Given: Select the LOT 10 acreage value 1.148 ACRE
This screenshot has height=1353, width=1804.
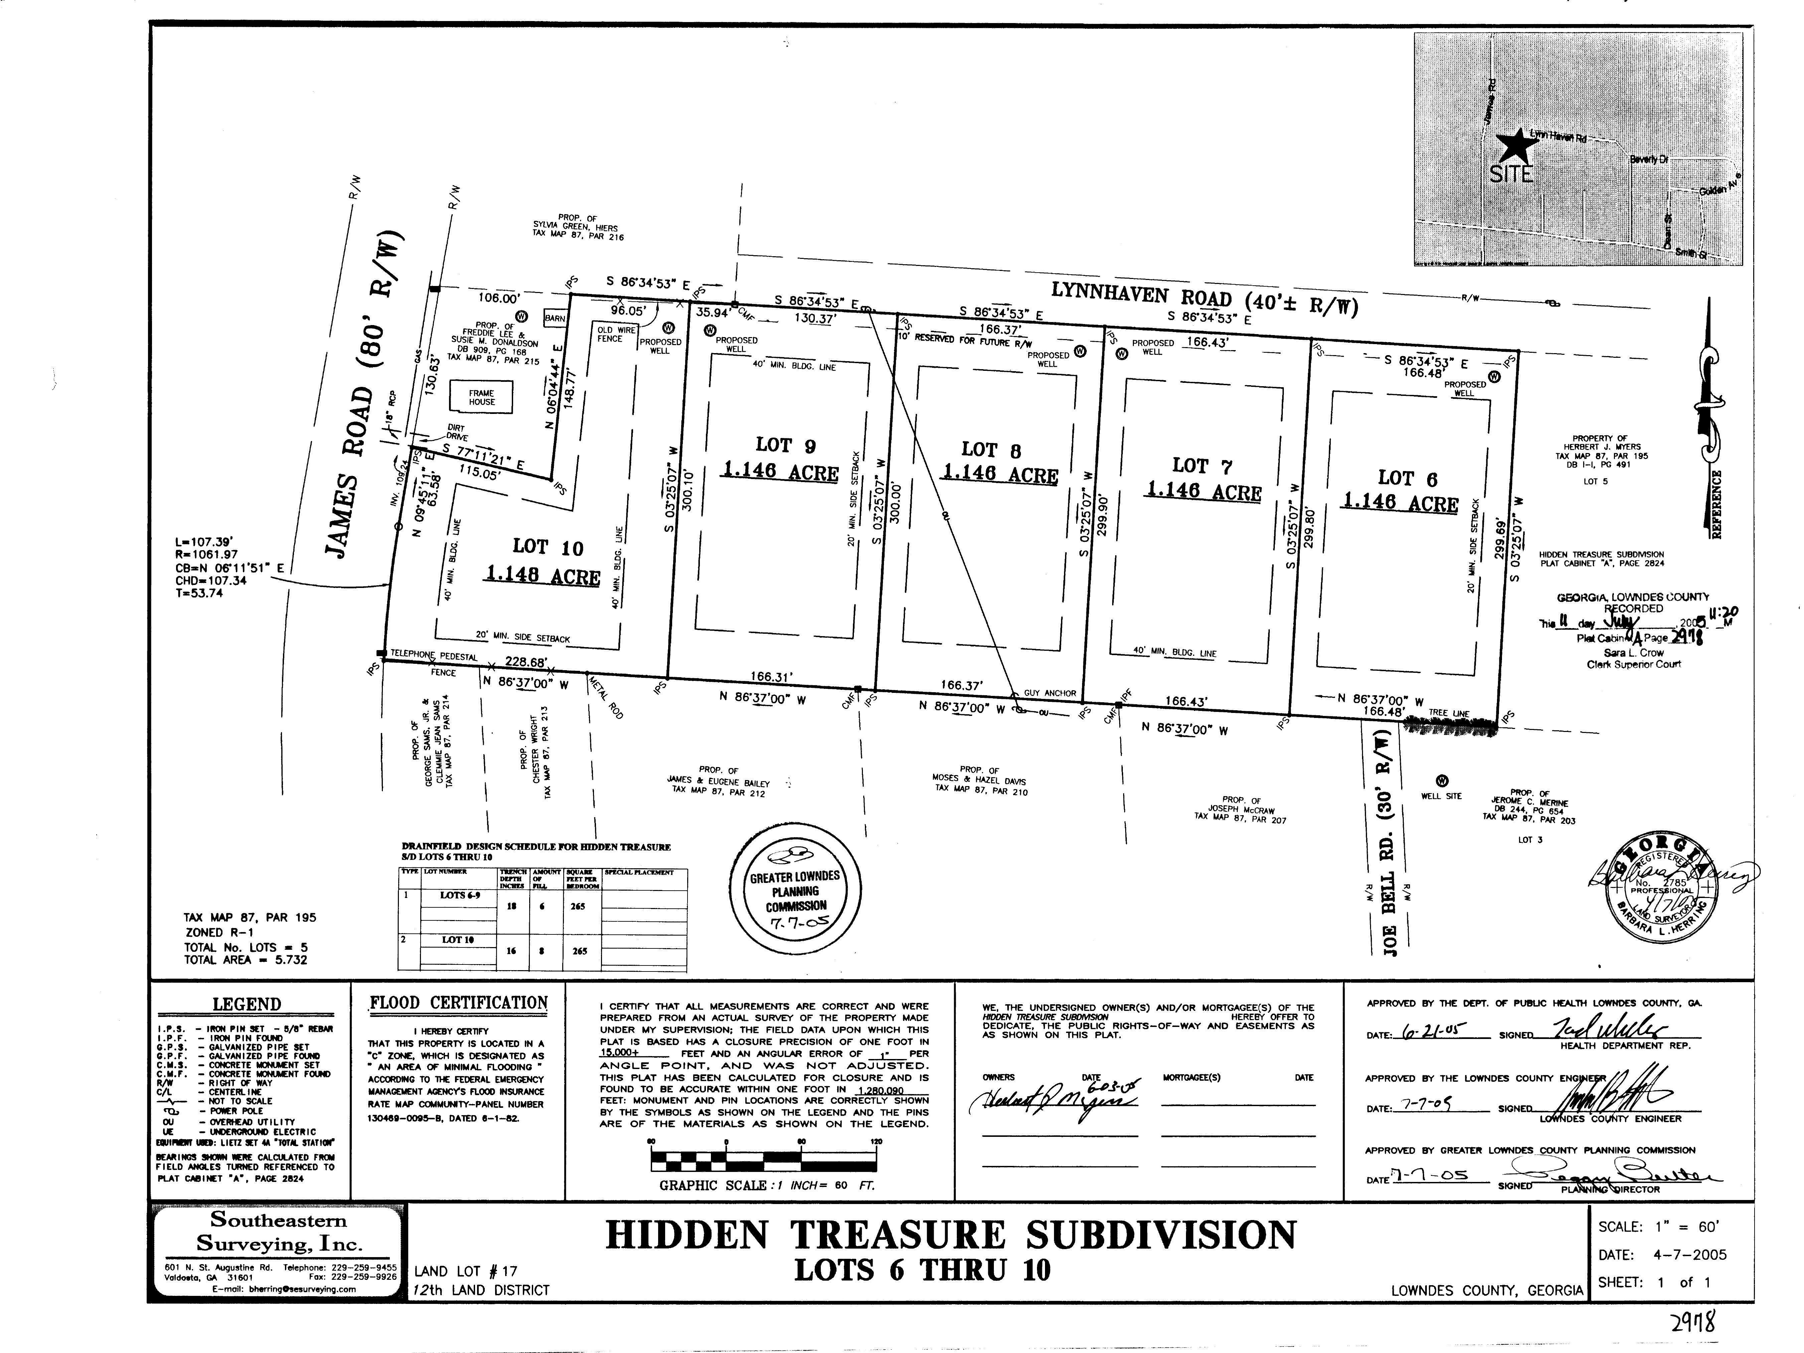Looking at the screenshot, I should coord(543,575).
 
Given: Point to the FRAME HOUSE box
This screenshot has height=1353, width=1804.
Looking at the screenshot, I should coord(481,397).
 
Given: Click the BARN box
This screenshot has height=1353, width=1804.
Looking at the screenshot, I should coord(555,319).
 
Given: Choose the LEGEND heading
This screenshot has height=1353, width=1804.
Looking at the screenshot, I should coord(246,1005).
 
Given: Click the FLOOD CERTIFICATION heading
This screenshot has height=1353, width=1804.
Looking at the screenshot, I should coord(458,1003).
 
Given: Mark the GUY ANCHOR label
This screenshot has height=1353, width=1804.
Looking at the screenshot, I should coord(1050,693).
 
